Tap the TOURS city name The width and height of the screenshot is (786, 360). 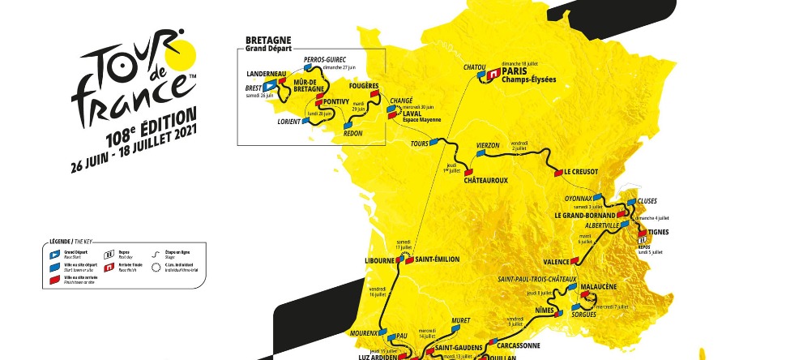pos(419,144)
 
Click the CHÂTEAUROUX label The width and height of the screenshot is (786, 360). pos(485,180)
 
